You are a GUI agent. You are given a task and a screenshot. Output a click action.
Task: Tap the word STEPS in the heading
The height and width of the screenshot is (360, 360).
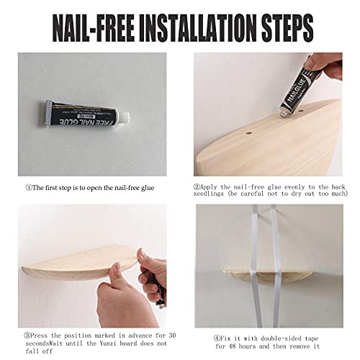pos(287,28)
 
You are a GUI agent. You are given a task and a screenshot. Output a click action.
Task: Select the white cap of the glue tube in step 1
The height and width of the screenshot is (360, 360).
pos(124,117)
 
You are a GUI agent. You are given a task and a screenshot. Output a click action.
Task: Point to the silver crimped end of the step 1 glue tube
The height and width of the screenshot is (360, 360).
pos(48,113)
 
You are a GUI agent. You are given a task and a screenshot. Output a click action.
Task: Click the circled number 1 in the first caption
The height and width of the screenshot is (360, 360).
pos(29,187)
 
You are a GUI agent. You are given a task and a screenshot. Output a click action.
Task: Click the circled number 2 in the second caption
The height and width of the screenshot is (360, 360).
pos(197,186)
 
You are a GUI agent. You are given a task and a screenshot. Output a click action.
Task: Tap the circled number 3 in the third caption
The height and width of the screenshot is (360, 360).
pos(27,336)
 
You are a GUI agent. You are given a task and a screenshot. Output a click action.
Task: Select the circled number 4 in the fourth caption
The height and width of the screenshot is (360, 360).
pos(217,338)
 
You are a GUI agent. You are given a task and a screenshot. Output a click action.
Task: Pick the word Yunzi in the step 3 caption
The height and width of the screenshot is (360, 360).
pos(108,343)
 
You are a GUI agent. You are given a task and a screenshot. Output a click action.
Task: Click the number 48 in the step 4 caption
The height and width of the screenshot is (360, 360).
pos(233,346)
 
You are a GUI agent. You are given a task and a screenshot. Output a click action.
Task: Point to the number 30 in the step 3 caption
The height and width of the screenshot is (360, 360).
pos(172,336)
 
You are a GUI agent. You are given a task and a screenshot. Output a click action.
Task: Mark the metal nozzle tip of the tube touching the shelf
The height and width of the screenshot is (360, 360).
pos(283,114)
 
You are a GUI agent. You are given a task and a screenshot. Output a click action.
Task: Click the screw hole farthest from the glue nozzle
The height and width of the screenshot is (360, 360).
pos(248,132)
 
